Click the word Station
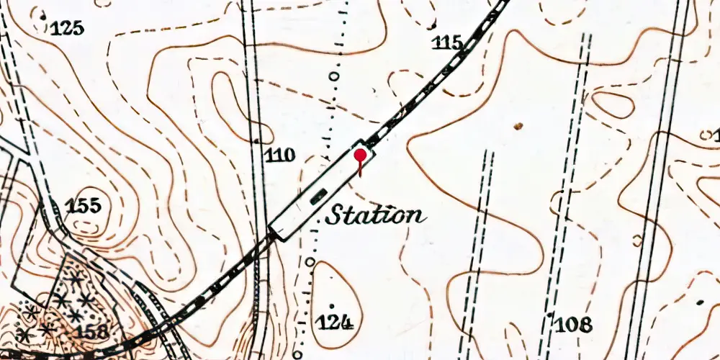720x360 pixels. point(374,215)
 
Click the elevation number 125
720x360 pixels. point(67,29)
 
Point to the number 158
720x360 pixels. point(93,332)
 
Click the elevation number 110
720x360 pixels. point(280,154)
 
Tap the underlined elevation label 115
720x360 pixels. point(447,43)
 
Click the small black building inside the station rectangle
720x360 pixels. point(318,193)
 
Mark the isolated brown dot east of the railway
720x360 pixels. point(517,126)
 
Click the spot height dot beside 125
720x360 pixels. point(43,16)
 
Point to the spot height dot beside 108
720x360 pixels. point(550,315)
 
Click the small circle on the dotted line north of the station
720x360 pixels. point(333,75)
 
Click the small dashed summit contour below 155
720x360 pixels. point(87,225)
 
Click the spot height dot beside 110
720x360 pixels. point(257,138)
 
